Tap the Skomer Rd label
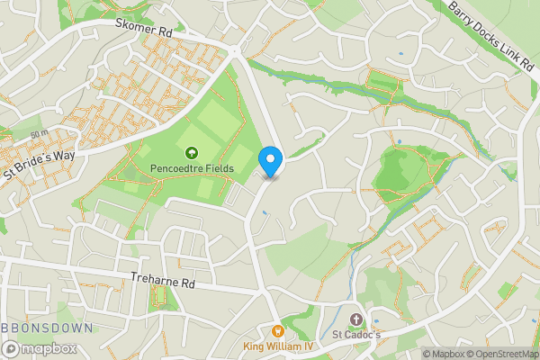143,30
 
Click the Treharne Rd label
163,282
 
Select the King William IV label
276,346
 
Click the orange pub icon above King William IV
276,331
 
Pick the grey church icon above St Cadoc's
355,320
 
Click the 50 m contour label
38,134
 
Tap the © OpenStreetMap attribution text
506,354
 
